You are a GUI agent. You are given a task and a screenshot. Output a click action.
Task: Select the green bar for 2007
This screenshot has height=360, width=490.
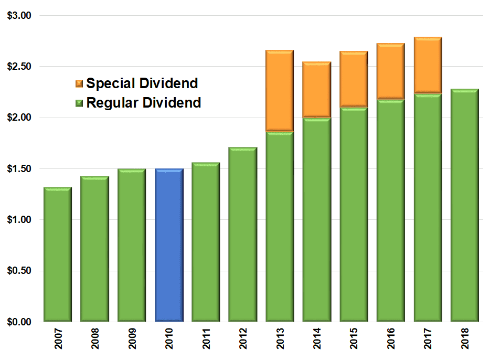pos(58,254)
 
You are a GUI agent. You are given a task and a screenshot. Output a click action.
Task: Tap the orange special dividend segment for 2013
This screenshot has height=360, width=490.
pos(280,90)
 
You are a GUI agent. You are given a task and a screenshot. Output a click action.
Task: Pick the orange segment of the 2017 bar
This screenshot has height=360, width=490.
pos(428,65)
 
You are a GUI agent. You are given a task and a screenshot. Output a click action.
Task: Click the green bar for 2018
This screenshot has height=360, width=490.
pos(464,205)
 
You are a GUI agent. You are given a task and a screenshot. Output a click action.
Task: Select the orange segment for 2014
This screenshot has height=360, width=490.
pos(317,89)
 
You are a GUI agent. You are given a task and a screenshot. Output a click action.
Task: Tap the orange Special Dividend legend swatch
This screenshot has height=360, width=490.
pos(79,83)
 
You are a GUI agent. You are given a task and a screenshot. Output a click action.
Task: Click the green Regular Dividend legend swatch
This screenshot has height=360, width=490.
pos(79,103)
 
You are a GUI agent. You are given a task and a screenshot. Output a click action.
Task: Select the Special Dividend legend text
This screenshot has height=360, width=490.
pos(142,83)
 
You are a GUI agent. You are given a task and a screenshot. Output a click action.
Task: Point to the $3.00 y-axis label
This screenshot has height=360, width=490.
pos(19,16)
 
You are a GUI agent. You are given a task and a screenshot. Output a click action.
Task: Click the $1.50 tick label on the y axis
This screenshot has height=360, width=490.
pos(19,169)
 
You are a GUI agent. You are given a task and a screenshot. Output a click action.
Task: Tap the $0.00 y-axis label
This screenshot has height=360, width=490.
pos(19,322)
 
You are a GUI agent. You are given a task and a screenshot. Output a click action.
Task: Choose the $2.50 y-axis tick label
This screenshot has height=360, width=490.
pos(19,67)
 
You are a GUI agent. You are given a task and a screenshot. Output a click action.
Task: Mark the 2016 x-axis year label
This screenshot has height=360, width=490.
pos(391,341)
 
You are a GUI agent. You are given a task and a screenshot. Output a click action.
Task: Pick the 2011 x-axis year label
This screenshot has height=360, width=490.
pos(206,341)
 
